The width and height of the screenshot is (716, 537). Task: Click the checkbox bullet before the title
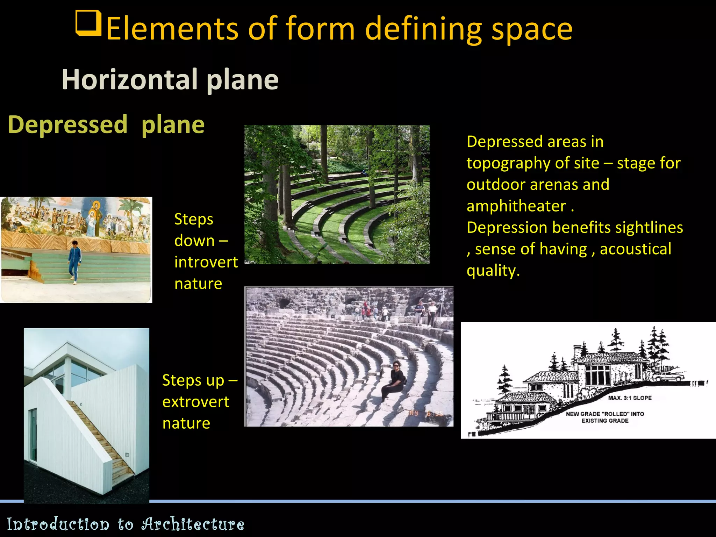[88, 23]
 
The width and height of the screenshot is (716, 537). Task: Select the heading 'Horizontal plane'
[170, 80]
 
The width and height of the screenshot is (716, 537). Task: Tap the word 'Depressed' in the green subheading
[67, 125]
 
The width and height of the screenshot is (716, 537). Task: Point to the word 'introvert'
[206, 262]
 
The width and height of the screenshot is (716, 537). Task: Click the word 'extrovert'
[196, 402]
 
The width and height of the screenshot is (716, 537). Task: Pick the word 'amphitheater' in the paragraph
[516, 206]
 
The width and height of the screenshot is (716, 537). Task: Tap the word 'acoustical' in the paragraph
[635, 249]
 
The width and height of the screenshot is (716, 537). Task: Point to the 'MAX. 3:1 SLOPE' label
[630, 398]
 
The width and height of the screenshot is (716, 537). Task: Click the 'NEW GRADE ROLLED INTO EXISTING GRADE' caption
[605, 417]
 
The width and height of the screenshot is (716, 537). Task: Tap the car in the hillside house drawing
[668, 377]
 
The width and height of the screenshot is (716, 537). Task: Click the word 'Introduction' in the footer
[58, 524]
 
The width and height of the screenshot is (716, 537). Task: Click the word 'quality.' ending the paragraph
[493, 271]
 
